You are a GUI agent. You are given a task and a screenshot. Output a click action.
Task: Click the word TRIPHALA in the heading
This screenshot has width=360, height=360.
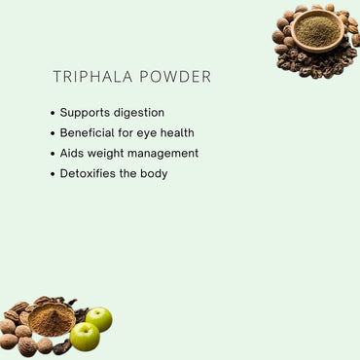(89, 77)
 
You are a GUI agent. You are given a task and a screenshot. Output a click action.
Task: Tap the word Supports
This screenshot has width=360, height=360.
(84, 113)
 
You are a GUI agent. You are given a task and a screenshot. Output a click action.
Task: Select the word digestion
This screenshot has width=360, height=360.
(138, 113)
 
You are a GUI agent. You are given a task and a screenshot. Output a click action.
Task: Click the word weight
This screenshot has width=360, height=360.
(109, 154)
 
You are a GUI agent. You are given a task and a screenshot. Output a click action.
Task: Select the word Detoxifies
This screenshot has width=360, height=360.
(90, 173)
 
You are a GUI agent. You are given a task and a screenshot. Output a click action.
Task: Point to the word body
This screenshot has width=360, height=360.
(154, 173)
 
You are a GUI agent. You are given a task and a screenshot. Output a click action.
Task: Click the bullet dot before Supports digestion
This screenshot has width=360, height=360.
(52, 113)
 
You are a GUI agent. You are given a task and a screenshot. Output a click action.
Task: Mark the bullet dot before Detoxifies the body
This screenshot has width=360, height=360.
(52, 174)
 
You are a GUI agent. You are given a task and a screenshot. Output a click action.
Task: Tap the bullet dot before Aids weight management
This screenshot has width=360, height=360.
(52, 154)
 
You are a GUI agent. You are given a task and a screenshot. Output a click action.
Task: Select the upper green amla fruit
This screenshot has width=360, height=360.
(98, 318)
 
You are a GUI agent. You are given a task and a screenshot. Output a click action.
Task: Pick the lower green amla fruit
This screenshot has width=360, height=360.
(85, 336)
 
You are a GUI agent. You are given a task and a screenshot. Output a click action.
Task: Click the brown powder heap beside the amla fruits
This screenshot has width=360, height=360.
(51, 320)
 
